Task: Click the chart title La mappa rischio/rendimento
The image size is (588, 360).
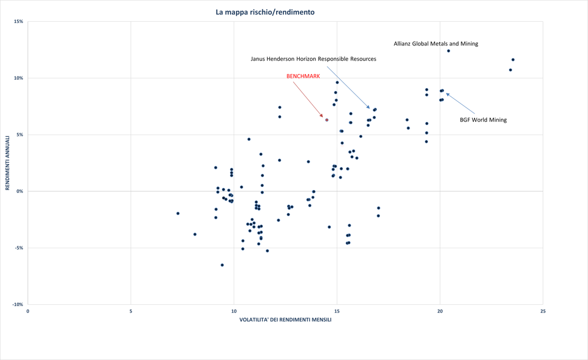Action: point(265,12)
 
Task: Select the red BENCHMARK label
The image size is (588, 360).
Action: point(303,76)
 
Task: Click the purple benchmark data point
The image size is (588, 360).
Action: point(326,120)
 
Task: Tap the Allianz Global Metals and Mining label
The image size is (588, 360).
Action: point(436,44)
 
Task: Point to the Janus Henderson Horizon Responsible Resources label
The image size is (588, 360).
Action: point(313,59)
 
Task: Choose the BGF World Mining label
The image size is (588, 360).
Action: point(483,120)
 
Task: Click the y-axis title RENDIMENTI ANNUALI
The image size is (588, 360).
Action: point(8,163)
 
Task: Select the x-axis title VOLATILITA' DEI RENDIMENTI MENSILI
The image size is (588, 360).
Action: point(285,320)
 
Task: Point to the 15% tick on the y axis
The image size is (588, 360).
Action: point(19,22)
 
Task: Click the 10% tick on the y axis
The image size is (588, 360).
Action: point(19,78)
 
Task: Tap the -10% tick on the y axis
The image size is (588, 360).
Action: point(18,305)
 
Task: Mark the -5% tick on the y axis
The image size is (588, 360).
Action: point(19,248)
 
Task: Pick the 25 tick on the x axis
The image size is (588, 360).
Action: point(542,311)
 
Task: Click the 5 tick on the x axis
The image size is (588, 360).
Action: point(130,311)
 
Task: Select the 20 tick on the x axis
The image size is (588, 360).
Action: point(440,311)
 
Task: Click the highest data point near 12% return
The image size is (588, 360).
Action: point(448,51)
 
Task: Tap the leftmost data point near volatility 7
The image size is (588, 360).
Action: point(178,214)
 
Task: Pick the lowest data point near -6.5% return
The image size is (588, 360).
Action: point(222,265)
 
